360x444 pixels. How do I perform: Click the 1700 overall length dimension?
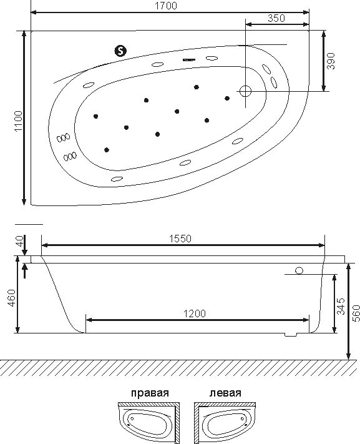pos(166,6)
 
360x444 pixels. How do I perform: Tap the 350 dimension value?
pos(276,18)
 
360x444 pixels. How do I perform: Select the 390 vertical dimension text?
pos(331,61)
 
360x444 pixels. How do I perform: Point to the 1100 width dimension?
pos(18,121)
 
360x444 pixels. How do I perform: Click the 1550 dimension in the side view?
pos(180,239)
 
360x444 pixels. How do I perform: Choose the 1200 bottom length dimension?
pos(195,313)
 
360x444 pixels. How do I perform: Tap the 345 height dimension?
pos(341,306)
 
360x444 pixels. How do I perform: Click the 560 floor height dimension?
pos(356,313)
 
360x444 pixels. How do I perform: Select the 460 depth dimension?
pos(12,297)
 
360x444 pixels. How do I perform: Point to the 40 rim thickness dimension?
pos(19,241)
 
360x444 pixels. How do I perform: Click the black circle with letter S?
pos(120,51)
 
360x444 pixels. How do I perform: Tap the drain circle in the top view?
pos(245,91)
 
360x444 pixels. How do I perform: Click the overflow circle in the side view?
pos(299,270)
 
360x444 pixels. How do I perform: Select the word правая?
pos(150,393)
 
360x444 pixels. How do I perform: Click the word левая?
pos(225,393)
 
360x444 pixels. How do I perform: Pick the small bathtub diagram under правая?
pos(149,423)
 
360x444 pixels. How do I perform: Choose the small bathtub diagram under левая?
pos(225,423)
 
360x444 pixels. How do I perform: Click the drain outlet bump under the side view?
pos(291,335)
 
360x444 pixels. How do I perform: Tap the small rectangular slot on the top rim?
pos(189,60)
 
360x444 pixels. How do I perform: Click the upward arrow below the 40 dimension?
pos(25,270)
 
